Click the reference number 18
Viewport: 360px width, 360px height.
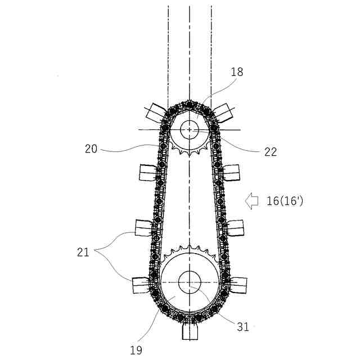click(237, 72)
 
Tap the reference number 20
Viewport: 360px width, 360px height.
click(91, 148)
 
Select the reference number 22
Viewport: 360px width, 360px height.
click(271, 152)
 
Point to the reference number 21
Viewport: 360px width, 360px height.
click(83, 253)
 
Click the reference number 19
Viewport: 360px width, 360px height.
click(136, 350)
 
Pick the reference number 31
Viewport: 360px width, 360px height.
click(243, 327)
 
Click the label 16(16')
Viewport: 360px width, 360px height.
click(285, 201)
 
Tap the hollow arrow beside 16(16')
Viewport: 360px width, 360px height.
click(251, 201)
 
